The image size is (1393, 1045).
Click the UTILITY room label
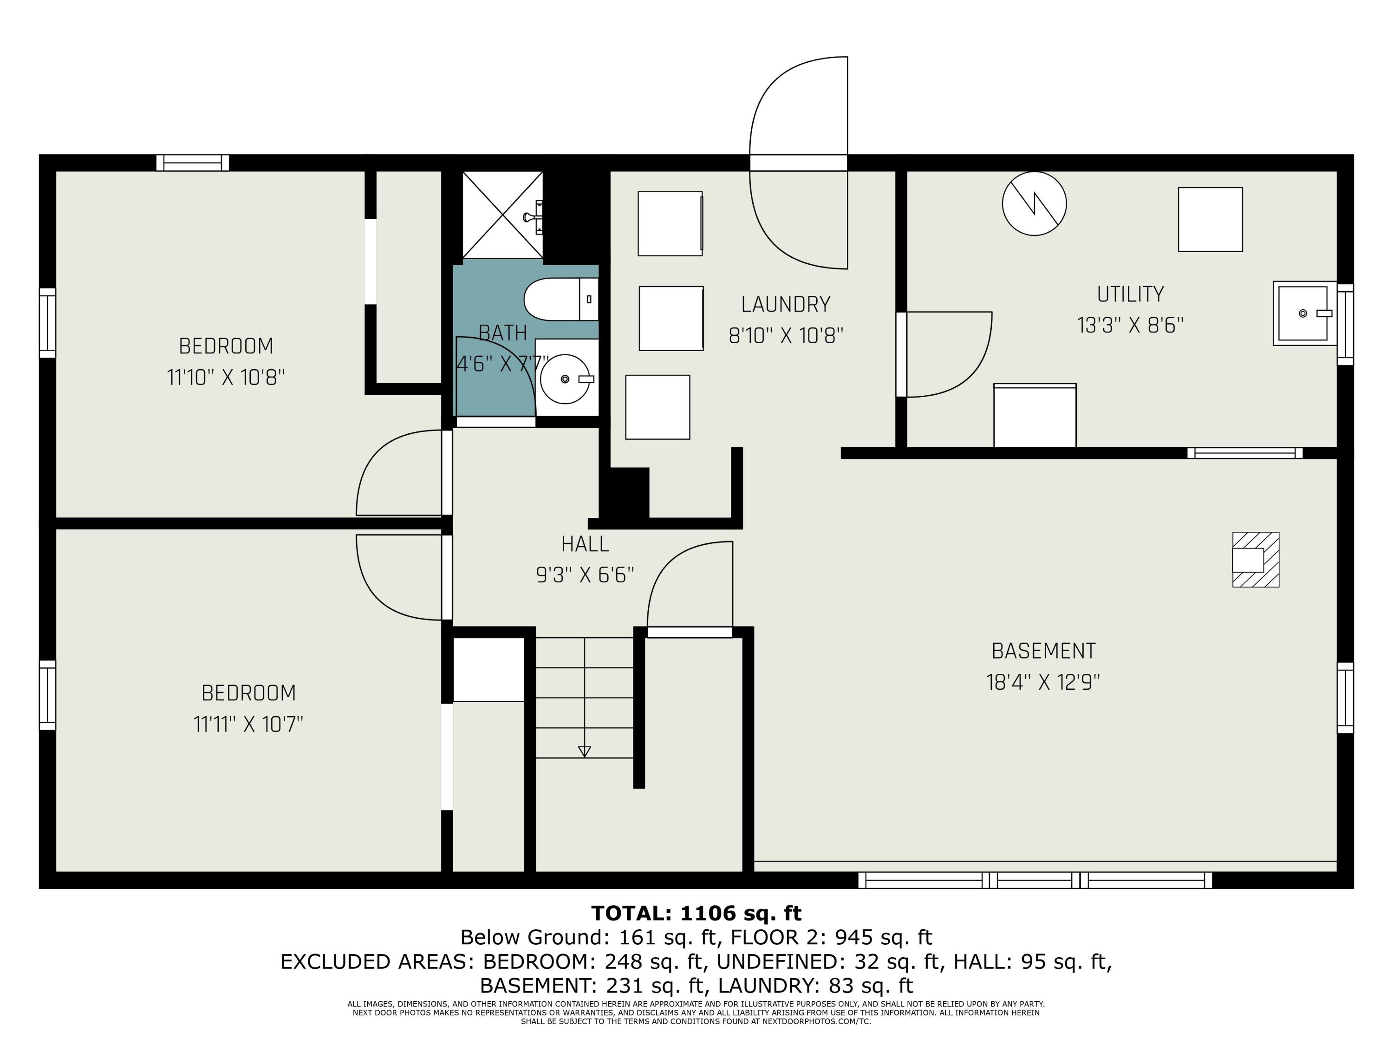pyautogui.click(x=1130, y=294)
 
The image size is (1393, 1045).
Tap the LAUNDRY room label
pyautogui.click(x=785, y=305)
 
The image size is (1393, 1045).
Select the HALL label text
pyautogui.click(x=585, y=543)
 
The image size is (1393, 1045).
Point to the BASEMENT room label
pyautogui.click(x=1043, y=651)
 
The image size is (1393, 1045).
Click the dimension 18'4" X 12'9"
pyautogui.click(x=1043, y=682)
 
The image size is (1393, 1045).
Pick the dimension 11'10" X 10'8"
pyautogui.click(x=226, y=377)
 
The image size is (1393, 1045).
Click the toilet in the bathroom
pyautogui.click(x=561, y=299)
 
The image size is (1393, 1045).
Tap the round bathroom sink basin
pyautogui.click(x=565, y=379)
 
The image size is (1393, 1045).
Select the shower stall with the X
pyautogui.click(x=502, y=215)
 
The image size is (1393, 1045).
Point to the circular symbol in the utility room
pyautogui.click(x=1034, y=204)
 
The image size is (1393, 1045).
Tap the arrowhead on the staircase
pyautogui.click(x=585, y=751)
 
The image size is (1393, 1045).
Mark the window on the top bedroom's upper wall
pyautogui.click(x=193, y=163)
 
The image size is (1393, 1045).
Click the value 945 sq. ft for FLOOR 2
pyautogui.click(x=884, y=937)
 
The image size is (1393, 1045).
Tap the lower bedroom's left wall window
pyautogui.click(x=48, y=695)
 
